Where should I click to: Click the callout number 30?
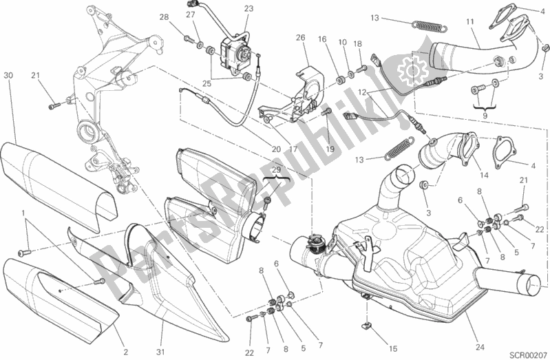click(8, 74)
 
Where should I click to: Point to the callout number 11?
click(471, 22)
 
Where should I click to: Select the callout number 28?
click(163, 17)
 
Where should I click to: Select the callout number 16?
click(322, 40)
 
